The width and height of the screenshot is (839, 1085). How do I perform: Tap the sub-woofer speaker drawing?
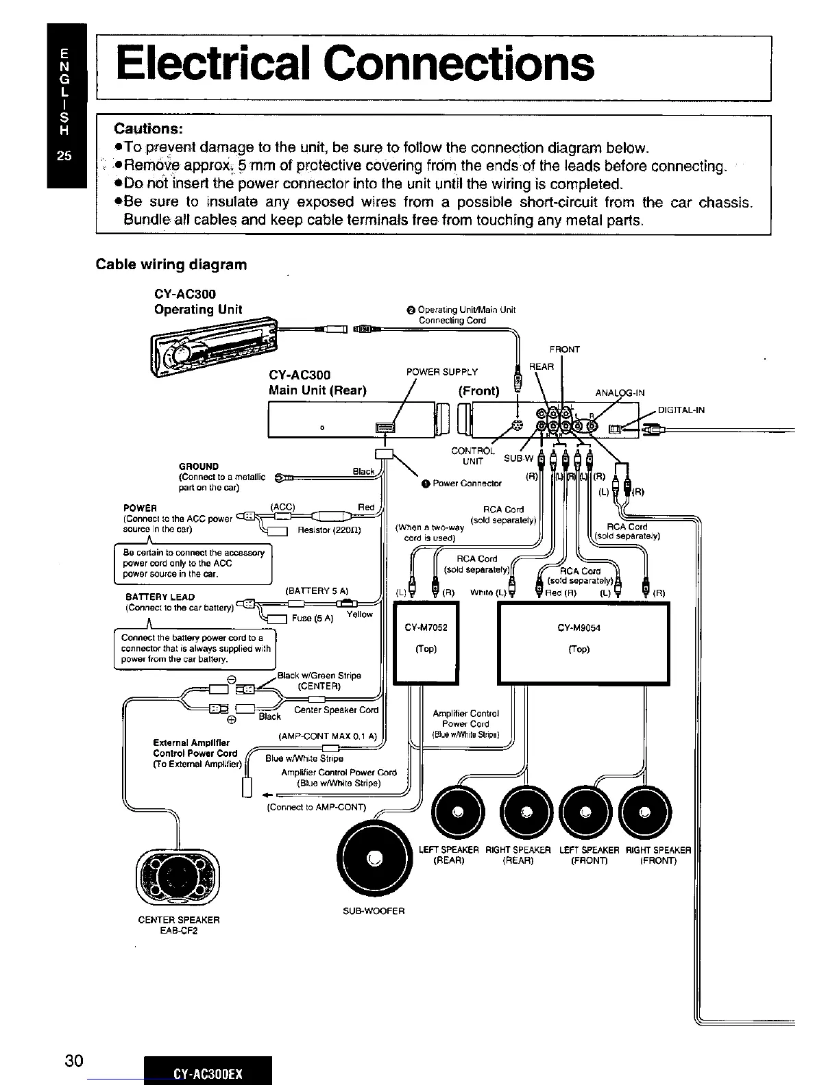point(375,859)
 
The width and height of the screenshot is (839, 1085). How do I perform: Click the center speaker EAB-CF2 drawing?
point(178,877)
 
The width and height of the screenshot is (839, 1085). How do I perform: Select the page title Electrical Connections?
point(355,64)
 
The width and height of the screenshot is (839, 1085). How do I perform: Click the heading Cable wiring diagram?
point(171,264)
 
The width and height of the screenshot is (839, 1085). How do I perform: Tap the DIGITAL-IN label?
point(681,410)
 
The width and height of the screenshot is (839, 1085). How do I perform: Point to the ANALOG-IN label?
point(620,393)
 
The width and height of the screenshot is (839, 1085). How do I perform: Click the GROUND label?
point(199,466)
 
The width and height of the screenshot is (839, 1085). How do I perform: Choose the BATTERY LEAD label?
point(160,597)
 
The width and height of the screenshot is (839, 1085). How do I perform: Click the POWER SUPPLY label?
point(442,372)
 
